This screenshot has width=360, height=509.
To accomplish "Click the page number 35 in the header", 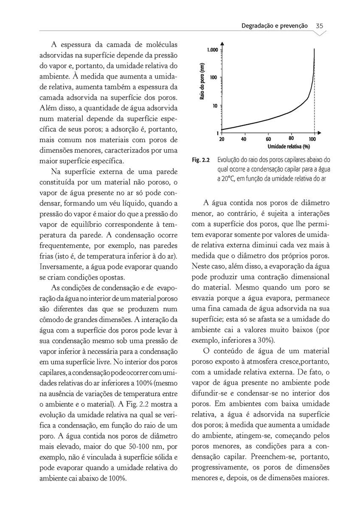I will tap(320, 25).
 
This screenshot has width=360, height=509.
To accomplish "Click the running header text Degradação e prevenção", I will tap(274, 25).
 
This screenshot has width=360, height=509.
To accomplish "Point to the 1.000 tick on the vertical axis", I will tap(212, 50).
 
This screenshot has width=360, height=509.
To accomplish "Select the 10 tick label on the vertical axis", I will tap(215, 105).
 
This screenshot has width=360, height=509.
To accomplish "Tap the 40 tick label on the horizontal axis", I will tap(244, 139).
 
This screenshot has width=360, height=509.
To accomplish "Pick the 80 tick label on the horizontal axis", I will tap(291, 138).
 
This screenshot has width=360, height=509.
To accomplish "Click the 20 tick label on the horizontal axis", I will tap(222, 139).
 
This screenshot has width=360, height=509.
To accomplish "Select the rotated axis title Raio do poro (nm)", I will tap(202, 82).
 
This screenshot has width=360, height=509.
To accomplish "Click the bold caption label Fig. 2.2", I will tap(201, 160).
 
